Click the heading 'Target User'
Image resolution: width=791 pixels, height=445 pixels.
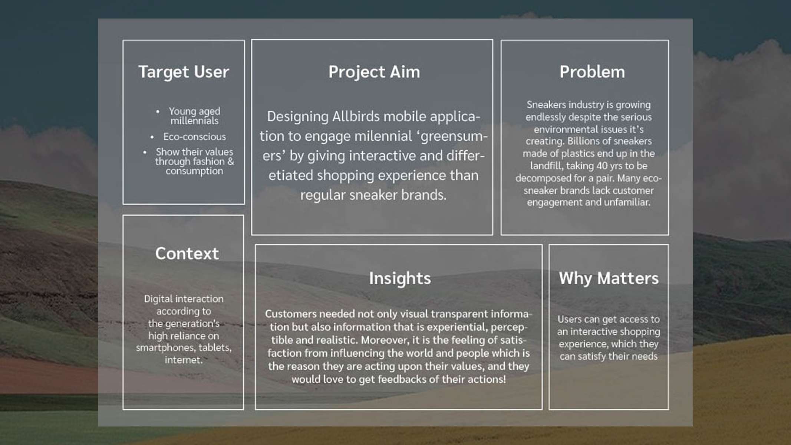pyautogui.click(x=184, y=72)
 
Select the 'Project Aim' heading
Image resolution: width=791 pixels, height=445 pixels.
pyautogui.click(x=374, y=72)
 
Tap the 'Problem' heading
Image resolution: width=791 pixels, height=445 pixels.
pyautogui.click(x=592, y=72)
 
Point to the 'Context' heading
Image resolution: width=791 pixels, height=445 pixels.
pyautogui.click(x=187, y=253)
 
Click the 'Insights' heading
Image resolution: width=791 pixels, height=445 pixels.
pyautogui.click(x=400, y=278)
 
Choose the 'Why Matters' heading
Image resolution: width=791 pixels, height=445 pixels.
pyautogui.click(x=609, y=278)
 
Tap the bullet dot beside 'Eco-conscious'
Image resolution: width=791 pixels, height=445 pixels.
pyautogui.click(x=152, y=137)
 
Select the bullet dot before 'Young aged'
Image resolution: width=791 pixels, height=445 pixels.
pyautogui.click(x=158, y=111)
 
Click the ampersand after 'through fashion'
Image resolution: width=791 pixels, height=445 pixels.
pyautogui.click(x=231, y=161)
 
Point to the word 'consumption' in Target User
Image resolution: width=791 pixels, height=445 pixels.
pyautogui.click(x=194, y=171)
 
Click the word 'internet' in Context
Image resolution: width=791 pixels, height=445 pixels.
pyautogui.click(x=184, y=360)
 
